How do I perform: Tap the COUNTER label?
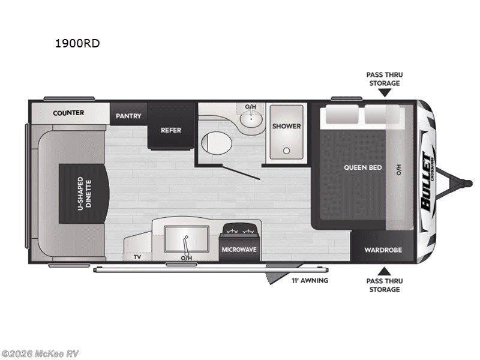(68, 113)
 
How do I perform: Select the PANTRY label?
(128, 116)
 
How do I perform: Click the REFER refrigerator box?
(170, 130)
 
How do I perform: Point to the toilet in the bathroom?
(214, 143)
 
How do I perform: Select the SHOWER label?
(286, 126)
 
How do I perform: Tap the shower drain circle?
(286, 151)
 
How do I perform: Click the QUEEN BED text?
(362, 167)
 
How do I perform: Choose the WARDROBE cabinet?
(383, 250)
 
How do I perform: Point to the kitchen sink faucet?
(187, 243)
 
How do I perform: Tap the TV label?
(137, 257)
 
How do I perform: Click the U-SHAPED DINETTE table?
(84, 193)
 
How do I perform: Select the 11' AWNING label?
(310, 280)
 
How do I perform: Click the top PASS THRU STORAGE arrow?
(384, 92)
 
